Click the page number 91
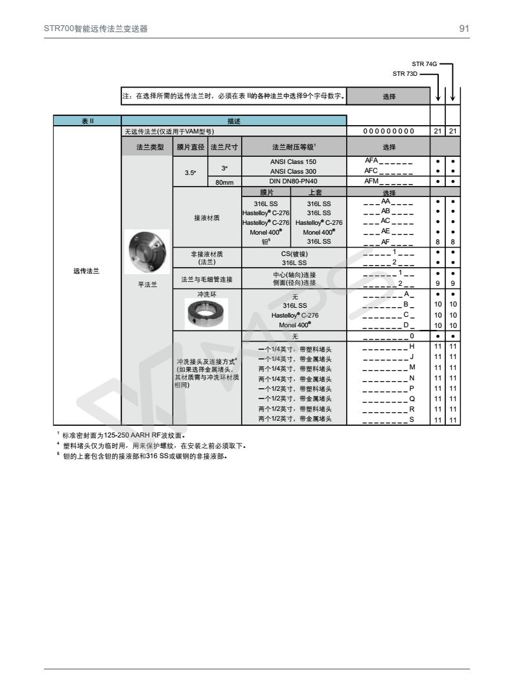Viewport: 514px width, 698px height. [464, 29]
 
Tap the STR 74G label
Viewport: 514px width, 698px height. [425, 64]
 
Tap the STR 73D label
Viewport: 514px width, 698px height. [405, 73]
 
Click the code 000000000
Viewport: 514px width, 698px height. [389, 132]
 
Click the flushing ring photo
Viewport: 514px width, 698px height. [206, 314]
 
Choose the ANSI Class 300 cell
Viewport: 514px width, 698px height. [294, 171]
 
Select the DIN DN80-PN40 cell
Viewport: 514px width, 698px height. [294, 181]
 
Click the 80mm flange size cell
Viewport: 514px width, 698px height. [224, 182]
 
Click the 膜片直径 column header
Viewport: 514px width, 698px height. [190, 146]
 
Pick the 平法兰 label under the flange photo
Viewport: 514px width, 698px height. [147, 283]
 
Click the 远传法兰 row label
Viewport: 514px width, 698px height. [87, 271]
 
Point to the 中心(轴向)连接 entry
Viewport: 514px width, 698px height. [294, 274]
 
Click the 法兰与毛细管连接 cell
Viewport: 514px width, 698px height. [207, 279]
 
